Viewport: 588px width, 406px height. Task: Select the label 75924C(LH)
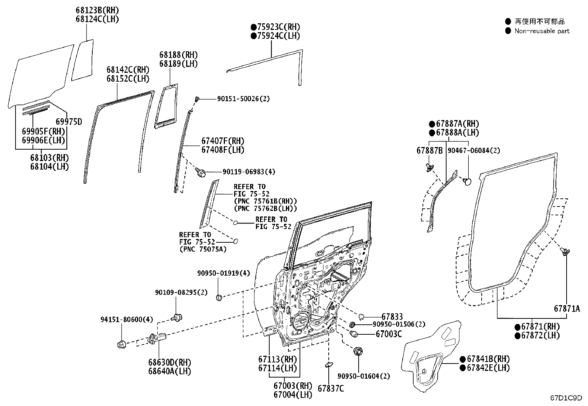pyautogui.click(x=276, y=36)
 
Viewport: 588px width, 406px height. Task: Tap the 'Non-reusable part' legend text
pyautogui.click(x=542, y=31)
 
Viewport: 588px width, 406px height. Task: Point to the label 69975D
pyautogui.click(x=69, y=122)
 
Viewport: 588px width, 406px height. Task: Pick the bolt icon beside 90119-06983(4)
pyautogui.click(x=201, y=172)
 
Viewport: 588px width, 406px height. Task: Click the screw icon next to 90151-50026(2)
pyautogui.click(x=198, y=99)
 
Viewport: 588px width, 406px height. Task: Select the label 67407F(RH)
pyautogui.click(x=223, y=141)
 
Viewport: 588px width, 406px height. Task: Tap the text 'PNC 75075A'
pyautogui.click(x=203, y=249)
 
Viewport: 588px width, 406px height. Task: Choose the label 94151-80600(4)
pyautogui.click(x=127, y=319)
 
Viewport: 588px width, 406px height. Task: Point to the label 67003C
pyautogui.click(x=389, y=334)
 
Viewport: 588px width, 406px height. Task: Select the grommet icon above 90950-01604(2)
pyautogui.click(x=358, y=351)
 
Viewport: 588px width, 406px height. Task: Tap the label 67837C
pyautogui.click(x=331, y=388)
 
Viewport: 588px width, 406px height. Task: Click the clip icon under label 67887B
pyautogui.click(x=430, y=167)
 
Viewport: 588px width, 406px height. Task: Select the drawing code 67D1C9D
pyautogui.click(x=566, y=398)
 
